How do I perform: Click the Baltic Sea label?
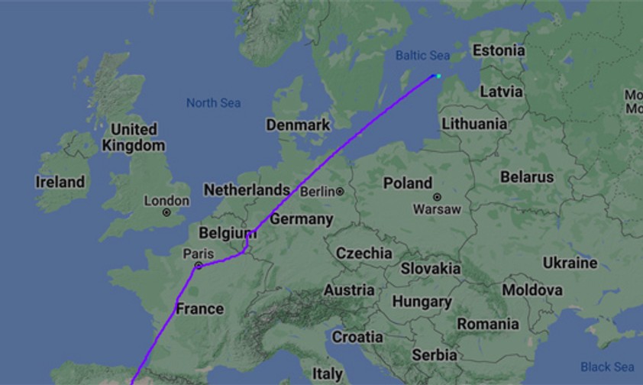422,55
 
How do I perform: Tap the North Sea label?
213,103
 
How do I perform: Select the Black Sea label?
607,367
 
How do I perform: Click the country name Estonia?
499,50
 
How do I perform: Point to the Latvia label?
502,92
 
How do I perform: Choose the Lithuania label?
474,123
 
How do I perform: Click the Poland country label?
408,183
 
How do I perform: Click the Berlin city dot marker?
339,191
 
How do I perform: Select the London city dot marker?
166,212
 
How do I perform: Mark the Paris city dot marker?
198,266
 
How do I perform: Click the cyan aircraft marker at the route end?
438,76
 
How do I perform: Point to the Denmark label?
298,125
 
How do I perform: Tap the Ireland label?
60,182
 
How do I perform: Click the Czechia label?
364,253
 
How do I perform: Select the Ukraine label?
570,263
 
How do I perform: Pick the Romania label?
488,324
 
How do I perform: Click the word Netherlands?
246,189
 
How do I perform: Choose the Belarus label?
527,176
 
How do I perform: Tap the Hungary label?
422,302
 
